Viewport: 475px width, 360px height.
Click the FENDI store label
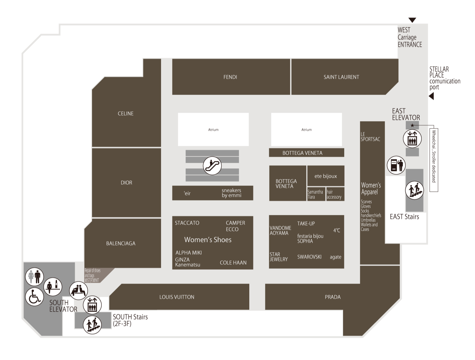pyautogui.click(x=230, y=77)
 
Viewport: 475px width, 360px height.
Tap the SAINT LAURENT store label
pyautogui.click(x=341, y=77)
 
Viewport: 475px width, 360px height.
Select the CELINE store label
pyautogui.click(x=126, y=114)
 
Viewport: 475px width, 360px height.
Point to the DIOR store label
pyautogui.click(x=126, y=183)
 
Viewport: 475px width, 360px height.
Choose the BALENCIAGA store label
pyautogui.click(x=121, y=243)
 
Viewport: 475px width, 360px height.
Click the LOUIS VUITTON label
pyautogui.click(x=177, y=297)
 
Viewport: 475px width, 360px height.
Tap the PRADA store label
pyautogui.click(x=333, y=297)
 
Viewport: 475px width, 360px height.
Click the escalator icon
pyautogui.click(x=212, y=166)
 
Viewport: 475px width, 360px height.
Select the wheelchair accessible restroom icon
pyautogui.click(x=34, y=297)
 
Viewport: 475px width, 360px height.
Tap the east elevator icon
pyautogui.click(x=412, y=139)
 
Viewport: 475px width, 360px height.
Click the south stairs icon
pyautogui.click(x=92, y=325)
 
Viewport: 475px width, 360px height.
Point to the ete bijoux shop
pyautogui.click(x=326, y=176)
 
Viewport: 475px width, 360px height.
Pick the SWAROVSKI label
pyautogui.click(x=309, y=257)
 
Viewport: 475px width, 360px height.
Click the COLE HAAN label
pyautogui.click(x=233, y=263)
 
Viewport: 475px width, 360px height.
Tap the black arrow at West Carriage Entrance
pyautogui.click(x=412, y=20)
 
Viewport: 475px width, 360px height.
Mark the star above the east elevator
pyautogui.click(x=412, y=125)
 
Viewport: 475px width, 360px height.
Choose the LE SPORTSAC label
pyautogui.click(x=370, y=137)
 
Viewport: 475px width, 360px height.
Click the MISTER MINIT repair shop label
pyautogui.click(x=92, y=280)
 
